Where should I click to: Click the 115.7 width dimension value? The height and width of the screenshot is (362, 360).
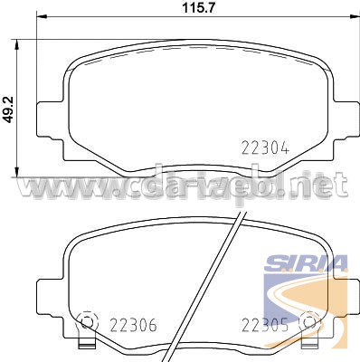(x=199, y=7)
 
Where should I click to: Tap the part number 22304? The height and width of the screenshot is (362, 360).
(x=266, y=148)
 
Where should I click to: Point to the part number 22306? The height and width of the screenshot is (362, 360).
(x=133, y=325)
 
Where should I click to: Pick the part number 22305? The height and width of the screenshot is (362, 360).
(x=265, y=325)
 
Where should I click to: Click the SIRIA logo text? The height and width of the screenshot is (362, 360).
(x=306, y=264)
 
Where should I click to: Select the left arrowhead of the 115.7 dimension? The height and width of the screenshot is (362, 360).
(x=42, y=14)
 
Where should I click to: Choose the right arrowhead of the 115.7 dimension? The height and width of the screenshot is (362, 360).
(x=355, y=14)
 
